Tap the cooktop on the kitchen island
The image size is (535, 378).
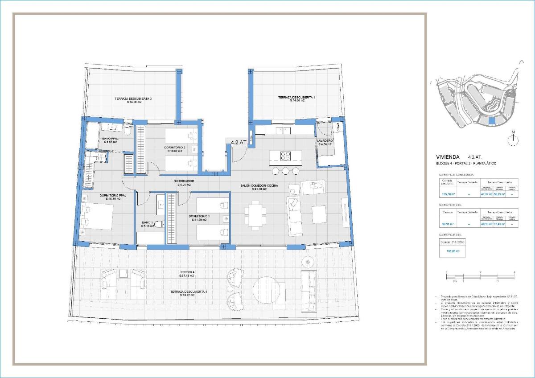pyautogui.click(x=285, y=156)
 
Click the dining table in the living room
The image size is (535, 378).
pyautogui.click(x=255, y=215)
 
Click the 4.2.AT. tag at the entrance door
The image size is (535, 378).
pyautogui.click(x=239, y=143)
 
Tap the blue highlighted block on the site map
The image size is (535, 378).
pyautogui.click(x=492, y=120)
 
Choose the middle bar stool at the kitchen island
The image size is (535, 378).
pyautogui.click(x=285, y=171)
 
